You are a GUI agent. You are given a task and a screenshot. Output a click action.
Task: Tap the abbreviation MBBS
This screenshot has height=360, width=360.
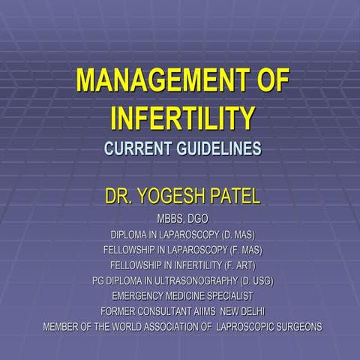pos(169,218)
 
